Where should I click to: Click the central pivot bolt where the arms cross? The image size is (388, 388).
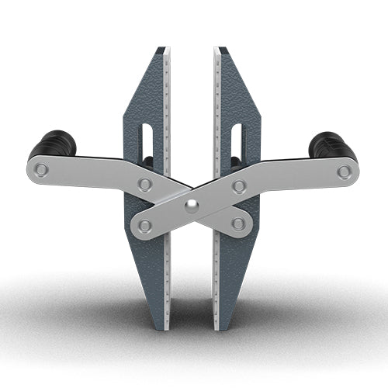point(191,206)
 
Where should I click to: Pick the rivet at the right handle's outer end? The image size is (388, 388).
point(344,172)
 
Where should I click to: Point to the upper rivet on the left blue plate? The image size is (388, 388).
point(144,184)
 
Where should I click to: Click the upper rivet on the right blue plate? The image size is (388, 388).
point(240,185)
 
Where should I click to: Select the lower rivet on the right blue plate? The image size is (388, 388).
point(239,223)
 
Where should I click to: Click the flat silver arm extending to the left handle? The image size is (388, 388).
point(93,172)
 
